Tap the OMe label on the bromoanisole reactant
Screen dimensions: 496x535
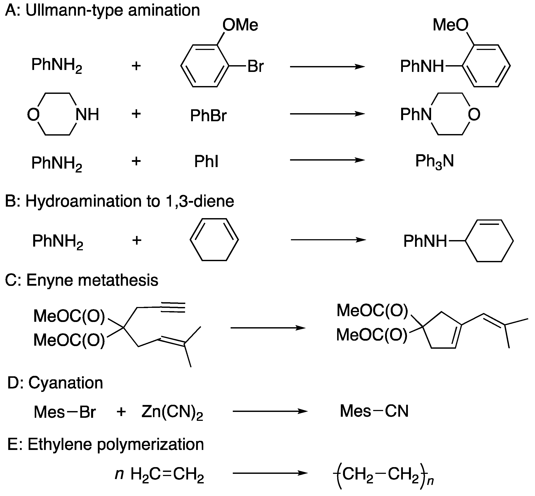coord(240,25)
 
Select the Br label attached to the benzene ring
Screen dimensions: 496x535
coord(255,66)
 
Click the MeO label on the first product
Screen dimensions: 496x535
coord(450,25)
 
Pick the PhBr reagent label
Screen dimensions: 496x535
coord(208,116)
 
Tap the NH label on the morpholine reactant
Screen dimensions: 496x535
coord(87,114)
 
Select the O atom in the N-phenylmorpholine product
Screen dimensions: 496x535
coord(474,115)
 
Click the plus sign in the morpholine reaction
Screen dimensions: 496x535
coord(136,114)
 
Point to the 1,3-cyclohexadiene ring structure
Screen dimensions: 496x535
coord(214,239)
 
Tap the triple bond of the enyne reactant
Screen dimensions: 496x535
coord(173,308)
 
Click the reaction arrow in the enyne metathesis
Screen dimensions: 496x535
coord(268,328)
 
